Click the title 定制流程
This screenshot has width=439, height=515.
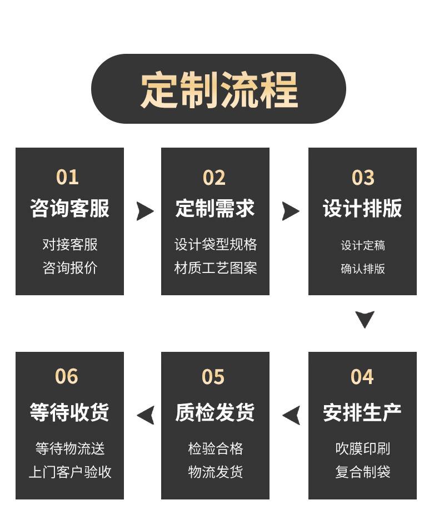coord(218,89)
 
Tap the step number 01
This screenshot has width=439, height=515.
coord(67,177)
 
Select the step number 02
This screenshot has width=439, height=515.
coord(214,178)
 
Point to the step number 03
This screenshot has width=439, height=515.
coord(363,178)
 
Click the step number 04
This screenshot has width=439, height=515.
coord(362,377)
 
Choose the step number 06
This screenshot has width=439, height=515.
coord(67,376)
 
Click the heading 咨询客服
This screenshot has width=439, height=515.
coord(69,208)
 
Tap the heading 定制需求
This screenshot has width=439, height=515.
coord(215,208)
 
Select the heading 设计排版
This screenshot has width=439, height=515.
coord(362,208)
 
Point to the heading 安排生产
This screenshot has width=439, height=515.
coord(362,412)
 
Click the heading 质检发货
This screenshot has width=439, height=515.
coord(215,412)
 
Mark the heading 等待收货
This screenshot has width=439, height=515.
coord(69,412)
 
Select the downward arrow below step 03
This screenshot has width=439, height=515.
coord(365,319)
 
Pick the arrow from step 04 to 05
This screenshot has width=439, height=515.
coord(292,415)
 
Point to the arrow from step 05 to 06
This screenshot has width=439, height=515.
coord(146,415)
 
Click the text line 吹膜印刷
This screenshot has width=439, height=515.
coord(363,448)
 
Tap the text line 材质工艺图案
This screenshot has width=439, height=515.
coord(216,268)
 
